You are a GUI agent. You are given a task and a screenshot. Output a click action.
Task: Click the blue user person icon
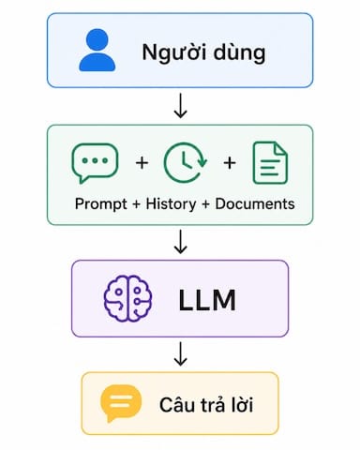(97, 50)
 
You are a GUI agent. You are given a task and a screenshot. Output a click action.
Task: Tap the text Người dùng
(203, 52)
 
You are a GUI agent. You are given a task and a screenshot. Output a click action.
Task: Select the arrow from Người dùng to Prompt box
(180, 105)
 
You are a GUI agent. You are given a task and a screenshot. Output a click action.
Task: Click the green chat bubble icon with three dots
(95, 163)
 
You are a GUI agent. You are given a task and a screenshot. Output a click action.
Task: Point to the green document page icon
(270, 162)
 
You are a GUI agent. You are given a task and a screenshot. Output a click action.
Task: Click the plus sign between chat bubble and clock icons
(142, 163)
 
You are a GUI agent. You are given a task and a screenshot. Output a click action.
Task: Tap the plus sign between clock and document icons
(230, 163)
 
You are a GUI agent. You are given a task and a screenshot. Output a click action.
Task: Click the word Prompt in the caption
(101, 204)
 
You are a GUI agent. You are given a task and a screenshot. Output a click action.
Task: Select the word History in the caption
(171, 204)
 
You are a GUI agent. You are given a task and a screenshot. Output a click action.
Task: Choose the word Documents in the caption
(255, 203)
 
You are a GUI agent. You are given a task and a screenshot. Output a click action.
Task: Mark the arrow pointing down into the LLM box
(180, 241)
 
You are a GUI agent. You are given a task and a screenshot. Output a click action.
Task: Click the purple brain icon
(127, 298)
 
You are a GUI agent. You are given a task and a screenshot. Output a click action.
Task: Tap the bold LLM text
(207, 300)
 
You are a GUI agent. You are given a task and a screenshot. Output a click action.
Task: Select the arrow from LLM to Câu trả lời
(180, 353)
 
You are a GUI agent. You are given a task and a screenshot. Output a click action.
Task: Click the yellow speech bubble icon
(121, 403)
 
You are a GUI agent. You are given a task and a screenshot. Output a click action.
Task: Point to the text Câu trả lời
(206, 405)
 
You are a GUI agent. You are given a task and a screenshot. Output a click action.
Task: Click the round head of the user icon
(97, 39)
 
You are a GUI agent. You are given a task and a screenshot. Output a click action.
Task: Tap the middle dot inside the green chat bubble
(95, 160)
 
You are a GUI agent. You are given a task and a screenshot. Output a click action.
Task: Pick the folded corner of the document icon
(281, 148)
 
